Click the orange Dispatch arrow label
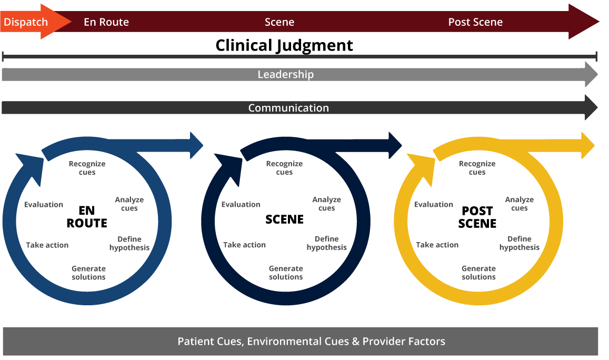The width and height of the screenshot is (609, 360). tap(26, 22)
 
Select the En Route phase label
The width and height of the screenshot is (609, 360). tap(106, 22)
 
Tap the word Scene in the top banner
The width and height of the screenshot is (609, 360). tap(279, 22)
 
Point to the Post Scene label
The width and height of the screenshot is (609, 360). tap(475, 22)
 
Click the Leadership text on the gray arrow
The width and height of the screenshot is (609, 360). tap(285, 75)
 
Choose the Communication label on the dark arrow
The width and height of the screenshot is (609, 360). tap(288, 108)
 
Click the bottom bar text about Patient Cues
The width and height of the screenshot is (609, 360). tap(311, 342)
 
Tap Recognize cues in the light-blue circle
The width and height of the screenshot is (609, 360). tap(87, 168)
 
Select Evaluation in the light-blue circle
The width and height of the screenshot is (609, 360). tap(44, 205)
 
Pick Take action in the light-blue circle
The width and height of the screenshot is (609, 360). tap(47, 245)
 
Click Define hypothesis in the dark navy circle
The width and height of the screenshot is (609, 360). tap(326, 243)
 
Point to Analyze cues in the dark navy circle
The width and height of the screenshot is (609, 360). tap(326, 204)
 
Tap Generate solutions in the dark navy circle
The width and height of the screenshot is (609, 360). tap(286, 273)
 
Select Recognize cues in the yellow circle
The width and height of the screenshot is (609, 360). tap(477, 168)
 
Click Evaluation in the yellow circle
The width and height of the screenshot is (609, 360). tap(434, 205)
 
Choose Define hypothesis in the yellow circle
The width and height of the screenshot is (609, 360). tap(519, 243)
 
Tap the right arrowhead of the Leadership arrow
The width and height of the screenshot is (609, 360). tap(591, 75)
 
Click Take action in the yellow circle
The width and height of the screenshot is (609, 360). tap(437, 245)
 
